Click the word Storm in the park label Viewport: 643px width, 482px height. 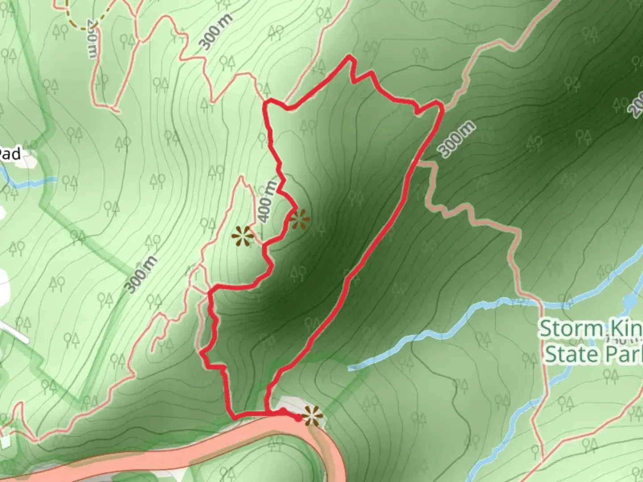coord(570,329)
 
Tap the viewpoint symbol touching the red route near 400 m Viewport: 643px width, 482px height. coord(299,219)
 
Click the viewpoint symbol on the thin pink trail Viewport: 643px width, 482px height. coord(243,235)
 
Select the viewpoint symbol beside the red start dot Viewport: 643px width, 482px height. coord(312,416)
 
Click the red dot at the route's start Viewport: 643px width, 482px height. coord(298,418)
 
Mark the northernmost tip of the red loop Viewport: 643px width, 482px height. coord(350,57)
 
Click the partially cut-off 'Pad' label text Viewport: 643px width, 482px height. coord(10,154)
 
